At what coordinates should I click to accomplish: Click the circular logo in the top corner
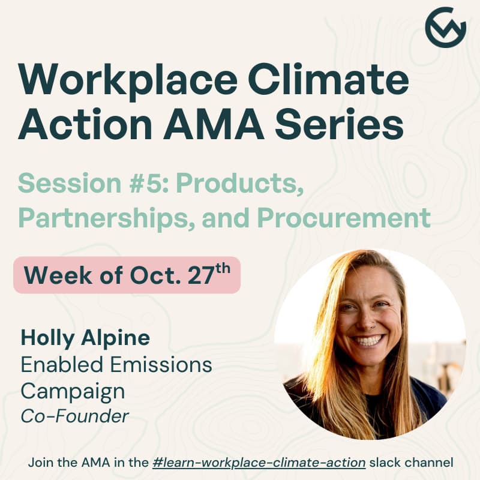click(445, 27)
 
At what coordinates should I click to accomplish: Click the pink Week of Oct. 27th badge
click(127, 275)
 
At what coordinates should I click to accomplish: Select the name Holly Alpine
click(85, 338)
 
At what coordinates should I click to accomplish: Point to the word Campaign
click(73, 391)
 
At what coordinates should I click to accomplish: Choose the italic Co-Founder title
click(74, 416)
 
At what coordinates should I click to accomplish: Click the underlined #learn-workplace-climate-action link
click(259, 463)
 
